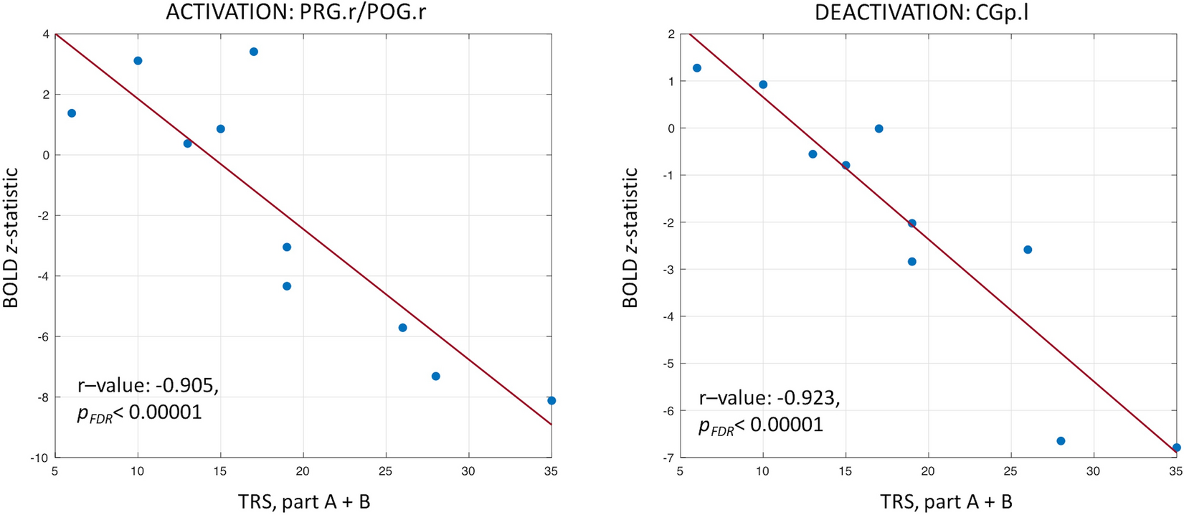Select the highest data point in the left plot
coord(254,52)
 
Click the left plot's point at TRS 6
coord(72,113)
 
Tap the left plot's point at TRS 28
coord(436,377)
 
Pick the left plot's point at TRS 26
coord(403,328)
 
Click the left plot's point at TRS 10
coord(138,61)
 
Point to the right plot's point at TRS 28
coord(1061,441)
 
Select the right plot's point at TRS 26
coord(1028,250)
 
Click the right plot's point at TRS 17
coord(879,129)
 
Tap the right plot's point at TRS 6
coord(697,68)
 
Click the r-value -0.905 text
coord(148,387)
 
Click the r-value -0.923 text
coord(769,399)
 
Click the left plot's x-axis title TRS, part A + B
coord(304,501)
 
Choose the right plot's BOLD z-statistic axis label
coord(630,237)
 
